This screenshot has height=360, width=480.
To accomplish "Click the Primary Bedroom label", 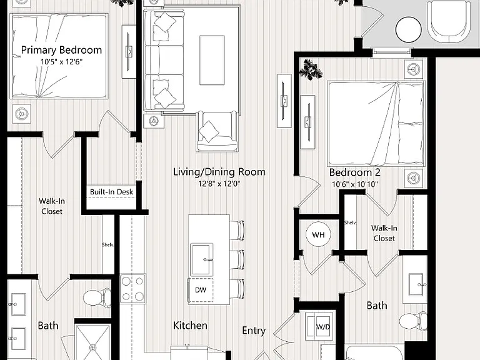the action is coord(61,50).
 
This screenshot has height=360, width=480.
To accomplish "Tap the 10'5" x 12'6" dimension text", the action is coord(61,61).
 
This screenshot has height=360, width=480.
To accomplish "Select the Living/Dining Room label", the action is coord(219,172).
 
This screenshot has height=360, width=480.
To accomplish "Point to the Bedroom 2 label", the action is coord(355,172).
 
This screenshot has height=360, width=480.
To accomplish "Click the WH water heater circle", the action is coord(318,235).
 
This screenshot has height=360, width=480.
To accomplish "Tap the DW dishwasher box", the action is coord(201,289).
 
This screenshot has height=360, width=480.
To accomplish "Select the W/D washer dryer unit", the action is coord(319,327).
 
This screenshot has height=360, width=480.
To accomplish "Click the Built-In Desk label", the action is coord(111,192).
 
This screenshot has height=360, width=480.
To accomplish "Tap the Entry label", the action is coord(254,331).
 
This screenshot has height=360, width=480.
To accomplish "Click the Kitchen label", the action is coord(190,325).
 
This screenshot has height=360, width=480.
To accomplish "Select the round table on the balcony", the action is coord(409,30).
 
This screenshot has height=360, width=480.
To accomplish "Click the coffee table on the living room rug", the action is coord(212,60).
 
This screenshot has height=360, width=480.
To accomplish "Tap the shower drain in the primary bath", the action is coord(92,347).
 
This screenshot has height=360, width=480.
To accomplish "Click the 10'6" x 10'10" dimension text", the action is coord(355,184).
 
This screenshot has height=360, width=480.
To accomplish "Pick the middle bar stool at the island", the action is coord(237,259).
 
